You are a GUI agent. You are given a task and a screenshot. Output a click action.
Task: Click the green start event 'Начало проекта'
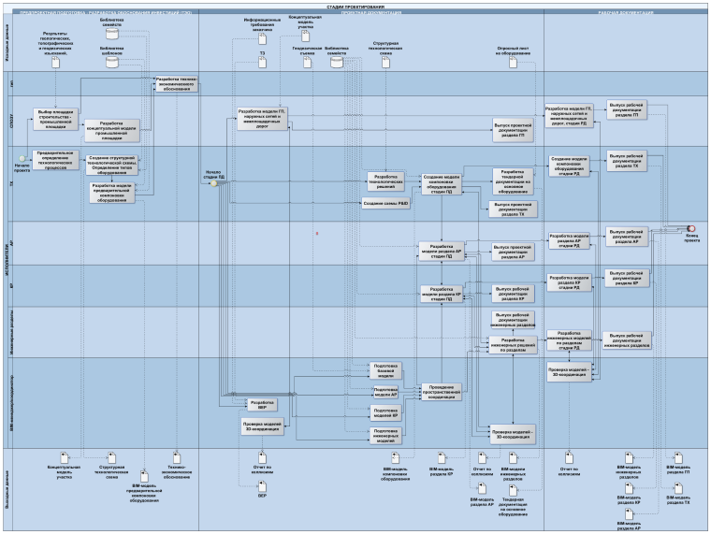click(x=22, y=156)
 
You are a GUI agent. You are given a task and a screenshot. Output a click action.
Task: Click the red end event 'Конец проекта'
click(x=690, y=228)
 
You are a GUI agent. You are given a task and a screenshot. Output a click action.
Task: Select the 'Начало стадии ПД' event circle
click(x=213, y=183)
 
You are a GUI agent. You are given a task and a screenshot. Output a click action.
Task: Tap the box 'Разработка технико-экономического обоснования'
click(x=176, y=83)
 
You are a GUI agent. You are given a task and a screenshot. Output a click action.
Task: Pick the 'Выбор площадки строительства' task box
click(x=55, y=115)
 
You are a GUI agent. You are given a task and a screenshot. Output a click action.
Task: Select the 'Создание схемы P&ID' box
click(x=385, y=203)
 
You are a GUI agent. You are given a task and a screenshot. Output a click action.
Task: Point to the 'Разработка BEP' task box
click(x=262, y=405)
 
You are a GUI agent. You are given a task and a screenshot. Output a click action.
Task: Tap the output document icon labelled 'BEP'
click(x=263, y=487)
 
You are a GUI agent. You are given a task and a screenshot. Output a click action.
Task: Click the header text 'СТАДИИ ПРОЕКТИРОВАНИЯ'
click(x=355, y=5)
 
